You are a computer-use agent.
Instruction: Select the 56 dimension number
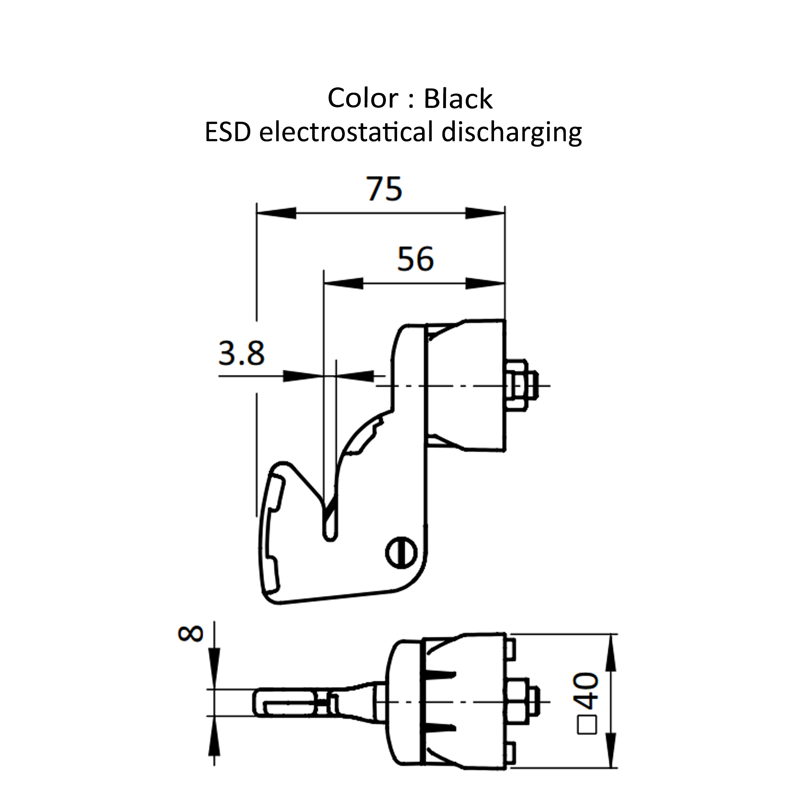pyautogui.click(x=415, y=259)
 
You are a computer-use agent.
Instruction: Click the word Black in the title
pyautogui.click(x=458, y=99)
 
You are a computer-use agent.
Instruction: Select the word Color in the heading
pyautogui.click(x=362, y=99)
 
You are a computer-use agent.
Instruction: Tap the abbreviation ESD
pyautogui.click(x=228, y=133)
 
